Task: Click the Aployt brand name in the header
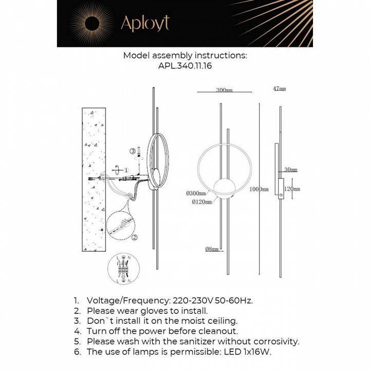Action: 144,23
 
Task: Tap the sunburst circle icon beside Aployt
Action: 93,23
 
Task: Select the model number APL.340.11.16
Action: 185,66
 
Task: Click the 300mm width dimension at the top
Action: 224,90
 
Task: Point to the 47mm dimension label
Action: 279,89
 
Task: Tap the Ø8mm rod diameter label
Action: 212,249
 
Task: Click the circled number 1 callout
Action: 126,170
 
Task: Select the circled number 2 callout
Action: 134,237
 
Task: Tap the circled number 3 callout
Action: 133,151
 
